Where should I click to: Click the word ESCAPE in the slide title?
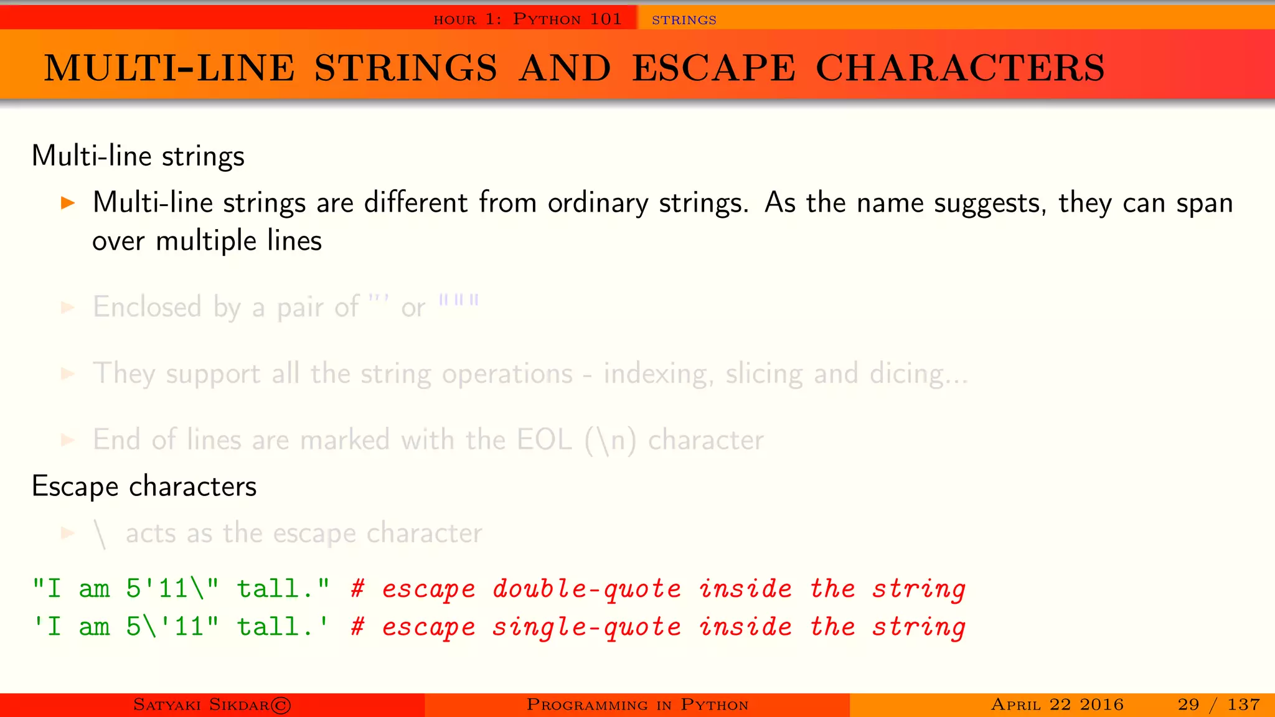coord(713,68)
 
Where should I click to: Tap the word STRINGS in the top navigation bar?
coord(684,20)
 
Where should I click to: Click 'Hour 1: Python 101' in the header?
coord(527,19)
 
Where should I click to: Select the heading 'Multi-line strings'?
coord(138,156)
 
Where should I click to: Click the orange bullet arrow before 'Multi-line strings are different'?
coord(68,203)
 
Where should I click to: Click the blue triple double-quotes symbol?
coord(459,301)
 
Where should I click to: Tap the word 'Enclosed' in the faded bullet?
coord(147,307)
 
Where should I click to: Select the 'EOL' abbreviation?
coord(544,440)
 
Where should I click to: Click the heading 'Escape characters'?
coord(144,486)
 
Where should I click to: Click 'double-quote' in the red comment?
coord(586,589)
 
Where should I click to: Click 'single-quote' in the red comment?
coord(586,627)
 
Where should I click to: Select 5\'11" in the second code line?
coord(172,627)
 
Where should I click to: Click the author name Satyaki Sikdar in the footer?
coord(201,705)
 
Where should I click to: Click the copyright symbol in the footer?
coord(281,705)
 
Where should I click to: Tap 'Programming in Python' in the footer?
coord(637,705)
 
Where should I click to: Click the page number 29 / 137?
coord(1218,705)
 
